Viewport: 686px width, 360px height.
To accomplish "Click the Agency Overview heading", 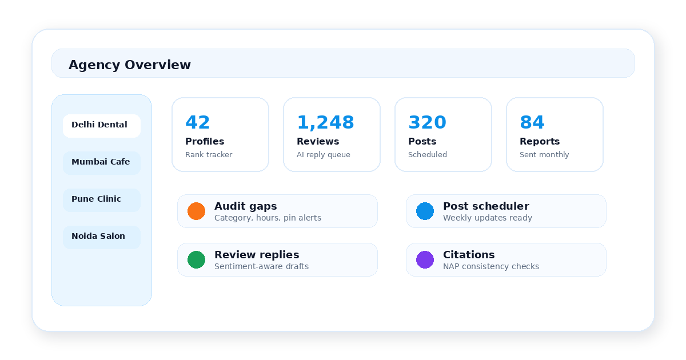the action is (x=130, y=65).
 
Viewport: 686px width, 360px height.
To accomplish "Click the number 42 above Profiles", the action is (x=198, y=122).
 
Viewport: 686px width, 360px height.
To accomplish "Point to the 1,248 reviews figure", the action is (x=325, y=123).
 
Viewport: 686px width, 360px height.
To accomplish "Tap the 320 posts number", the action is (x=427, y=122).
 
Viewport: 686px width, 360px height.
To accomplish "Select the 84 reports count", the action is (x=532, y=122).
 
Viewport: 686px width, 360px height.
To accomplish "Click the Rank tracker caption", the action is (x=209, y=155).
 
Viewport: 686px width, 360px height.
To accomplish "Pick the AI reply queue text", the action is (x=324, y=155).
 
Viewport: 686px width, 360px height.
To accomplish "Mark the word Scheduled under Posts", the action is (x=428, y=155).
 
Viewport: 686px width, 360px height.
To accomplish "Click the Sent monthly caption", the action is (x=544, y=155).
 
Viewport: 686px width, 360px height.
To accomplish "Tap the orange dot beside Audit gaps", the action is (x=196, y=211).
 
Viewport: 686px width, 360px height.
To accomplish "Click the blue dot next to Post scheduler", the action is (x=425, y=211).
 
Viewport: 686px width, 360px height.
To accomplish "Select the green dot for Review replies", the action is (x=196, y=260).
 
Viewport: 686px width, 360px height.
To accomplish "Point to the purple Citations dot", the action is (x=425, y=260).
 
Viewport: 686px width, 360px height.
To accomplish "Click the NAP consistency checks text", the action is (x=491, y=266).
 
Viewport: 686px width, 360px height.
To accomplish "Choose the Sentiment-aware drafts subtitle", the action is (x=262, y=266).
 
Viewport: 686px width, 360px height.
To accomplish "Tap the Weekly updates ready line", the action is (x=488, y=218).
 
